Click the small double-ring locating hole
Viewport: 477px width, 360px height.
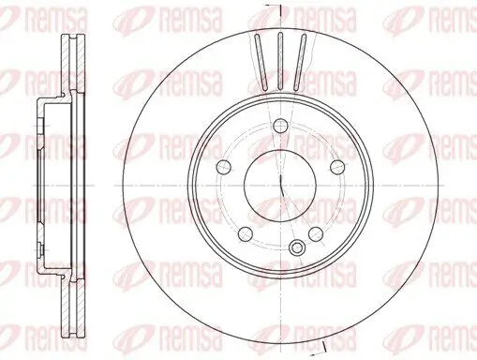(x=297, y=247)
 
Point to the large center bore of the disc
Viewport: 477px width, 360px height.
(x=280, y=182)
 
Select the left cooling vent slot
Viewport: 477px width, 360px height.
(x=262, y=58)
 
